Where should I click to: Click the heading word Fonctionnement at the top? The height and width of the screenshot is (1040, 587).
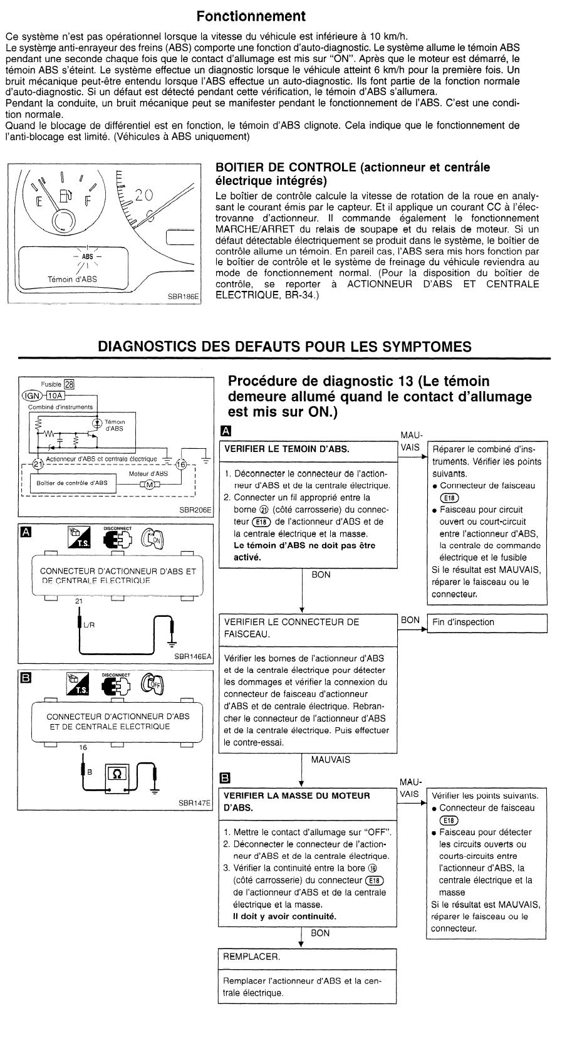tap(251, 15)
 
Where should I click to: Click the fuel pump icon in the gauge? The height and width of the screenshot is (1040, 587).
tap(66, 196)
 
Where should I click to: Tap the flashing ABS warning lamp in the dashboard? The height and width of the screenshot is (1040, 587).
tap(88, 256)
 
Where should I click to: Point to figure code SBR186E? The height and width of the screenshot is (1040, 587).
tap(183, 300)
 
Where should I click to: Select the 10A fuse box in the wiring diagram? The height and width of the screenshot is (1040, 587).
tap(56, 396)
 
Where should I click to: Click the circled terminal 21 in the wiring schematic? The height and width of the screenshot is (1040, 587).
tap(39, 464)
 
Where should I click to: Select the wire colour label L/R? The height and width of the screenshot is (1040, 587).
tap(88, 625)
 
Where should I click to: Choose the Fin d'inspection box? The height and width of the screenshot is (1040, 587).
tap(487, 622)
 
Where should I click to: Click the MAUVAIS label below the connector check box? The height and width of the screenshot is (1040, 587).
tap(330, 760)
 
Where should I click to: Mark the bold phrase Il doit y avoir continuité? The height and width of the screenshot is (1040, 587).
tap(284, 917)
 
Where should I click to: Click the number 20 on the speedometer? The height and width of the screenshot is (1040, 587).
tap(143, 195)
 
